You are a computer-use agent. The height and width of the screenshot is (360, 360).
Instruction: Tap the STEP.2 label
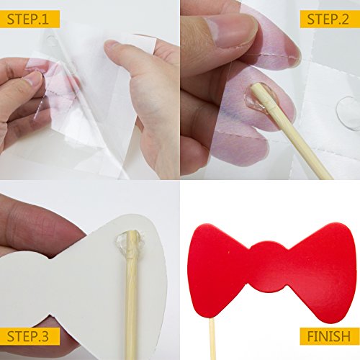point(328,19)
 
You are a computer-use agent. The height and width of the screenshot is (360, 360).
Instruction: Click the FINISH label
point(329,336)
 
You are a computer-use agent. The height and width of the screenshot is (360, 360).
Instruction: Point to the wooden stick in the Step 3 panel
point(131,295)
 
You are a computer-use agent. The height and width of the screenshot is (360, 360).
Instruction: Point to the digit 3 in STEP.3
point(44,336)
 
